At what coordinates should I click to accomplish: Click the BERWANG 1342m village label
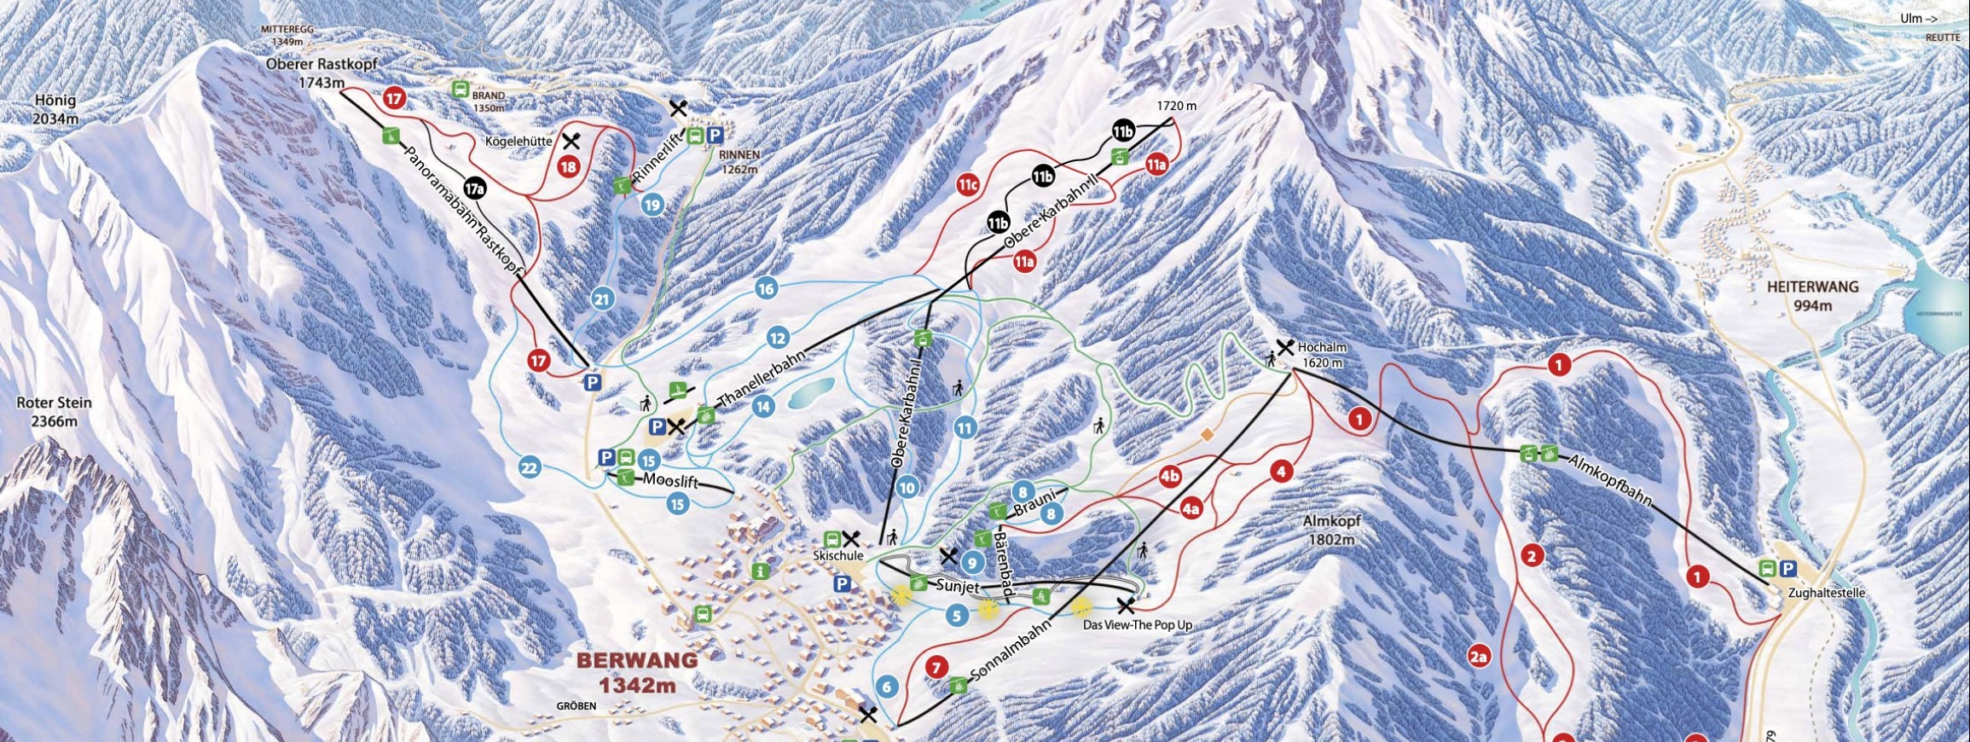coord(637,672)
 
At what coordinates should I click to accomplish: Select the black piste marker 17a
coord(475,188)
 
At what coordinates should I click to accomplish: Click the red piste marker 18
coord(569,168)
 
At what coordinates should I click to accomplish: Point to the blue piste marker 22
coord(530,467)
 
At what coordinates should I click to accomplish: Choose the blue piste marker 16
coord(766,288)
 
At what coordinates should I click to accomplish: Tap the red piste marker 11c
coord(967,184)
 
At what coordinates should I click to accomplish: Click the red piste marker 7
coord(936,667)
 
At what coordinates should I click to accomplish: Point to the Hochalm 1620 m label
coord(1320,355)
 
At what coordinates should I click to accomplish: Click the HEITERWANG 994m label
coord(1811,296)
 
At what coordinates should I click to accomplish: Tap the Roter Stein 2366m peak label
coord(55,411)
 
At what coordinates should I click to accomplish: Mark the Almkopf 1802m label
coord(1332,530)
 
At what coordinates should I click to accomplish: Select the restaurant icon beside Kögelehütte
coord(571,141)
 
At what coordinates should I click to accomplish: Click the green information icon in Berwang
coord(761,571)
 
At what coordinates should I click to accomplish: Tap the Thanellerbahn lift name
coord(762,376)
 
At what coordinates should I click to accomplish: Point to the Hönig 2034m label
coord(55,109)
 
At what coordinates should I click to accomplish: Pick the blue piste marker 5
coord(957,615)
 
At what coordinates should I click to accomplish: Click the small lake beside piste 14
coord(811,393)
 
